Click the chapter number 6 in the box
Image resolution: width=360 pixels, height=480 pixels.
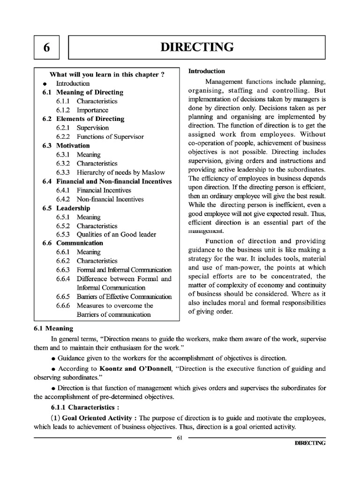(x=46, y=47)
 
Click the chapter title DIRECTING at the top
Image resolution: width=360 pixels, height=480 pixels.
(x=197, y=47)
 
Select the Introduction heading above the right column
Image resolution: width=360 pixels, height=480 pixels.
(x=207, y=71)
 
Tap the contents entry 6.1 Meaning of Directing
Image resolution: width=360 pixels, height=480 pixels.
(x=83, y=92)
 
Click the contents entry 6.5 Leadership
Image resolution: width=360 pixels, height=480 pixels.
(x=66, y=208)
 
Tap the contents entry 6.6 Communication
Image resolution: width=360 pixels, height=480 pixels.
(x=72, y=243)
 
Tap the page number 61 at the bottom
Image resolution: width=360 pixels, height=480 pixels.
(x=180, y=438)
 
